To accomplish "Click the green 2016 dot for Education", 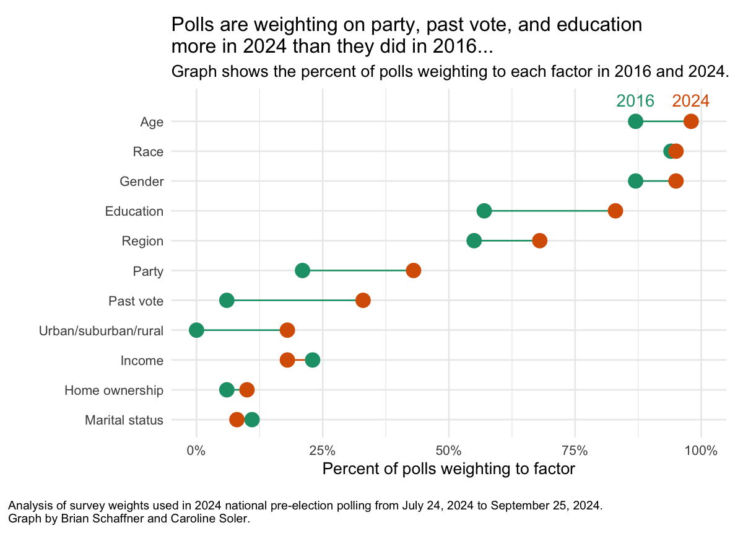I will (x=484, y=211).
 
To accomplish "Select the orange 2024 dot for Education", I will (x=615, y=211).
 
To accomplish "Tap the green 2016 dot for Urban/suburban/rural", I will (x=196, y=330).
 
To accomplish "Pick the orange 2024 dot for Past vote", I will (x=363, y=301).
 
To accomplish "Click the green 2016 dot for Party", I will (x=302, y=271).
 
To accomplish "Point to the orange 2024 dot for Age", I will (x=691, y=121).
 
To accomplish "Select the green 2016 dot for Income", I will (x=313, y=360).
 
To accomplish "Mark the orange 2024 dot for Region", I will (x=539, y=240).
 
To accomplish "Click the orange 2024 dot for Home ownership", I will (x=247, y=390).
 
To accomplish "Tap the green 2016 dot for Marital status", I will (x=252, y=420).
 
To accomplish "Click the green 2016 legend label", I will (x=635, y=101).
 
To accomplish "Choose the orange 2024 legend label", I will (x=690, y=101).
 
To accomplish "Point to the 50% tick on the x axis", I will (x=449, y=451).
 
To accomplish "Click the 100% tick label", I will (x=700, y=451).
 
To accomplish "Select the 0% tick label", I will (x=196, y=451).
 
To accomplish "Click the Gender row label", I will (x=142, y=182).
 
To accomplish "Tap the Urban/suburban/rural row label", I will (x=101, y=331).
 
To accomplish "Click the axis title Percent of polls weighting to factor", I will (x=449, y=469).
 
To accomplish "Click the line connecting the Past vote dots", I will (x=295, y=301).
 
